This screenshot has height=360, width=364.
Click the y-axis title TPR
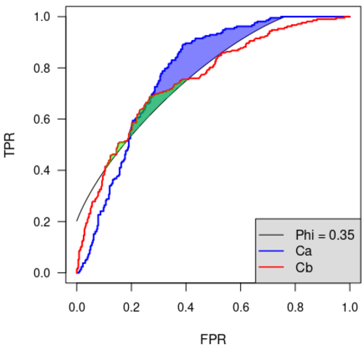click(x=9, y=145)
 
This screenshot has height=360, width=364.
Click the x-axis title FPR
click(x=213, y=339)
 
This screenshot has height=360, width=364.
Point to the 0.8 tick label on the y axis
click(x=42, y=68)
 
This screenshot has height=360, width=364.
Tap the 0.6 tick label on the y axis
click(x=42, y=119)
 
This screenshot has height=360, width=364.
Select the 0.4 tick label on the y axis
click(x=42, y=170)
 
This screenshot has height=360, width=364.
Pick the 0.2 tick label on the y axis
click(x=42, y=222)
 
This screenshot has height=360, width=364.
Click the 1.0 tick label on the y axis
click(x=42, y=17)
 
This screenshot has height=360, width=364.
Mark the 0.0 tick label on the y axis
click(x=42, y=273)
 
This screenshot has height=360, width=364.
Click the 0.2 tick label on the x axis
click(x=131, y=308)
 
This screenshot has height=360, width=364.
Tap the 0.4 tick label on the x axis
click(x=186, y=308)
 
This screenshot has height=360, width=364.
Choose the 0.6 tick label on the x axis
click(x=241, y=308)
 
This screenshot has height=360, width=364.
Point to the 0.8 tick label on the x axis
click(x=296, y=308)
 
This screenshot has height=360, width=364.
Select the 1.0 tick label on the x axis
click(x=349, y=308)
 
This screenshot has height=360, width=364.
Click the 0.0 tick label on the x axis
click(x=76, y=308)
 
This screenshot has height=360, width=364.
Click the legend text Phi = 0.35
click(x=325, y=235)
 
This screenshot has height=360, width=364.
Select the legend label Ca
click(x=304, y=251)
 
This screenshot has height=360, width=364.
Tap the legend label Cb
click(x=304, y=268)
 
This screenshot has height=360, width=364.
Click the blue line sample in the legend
click(x=272, y=251)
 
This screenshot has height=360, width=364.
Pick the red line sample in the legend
click(x=272, y=267)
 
